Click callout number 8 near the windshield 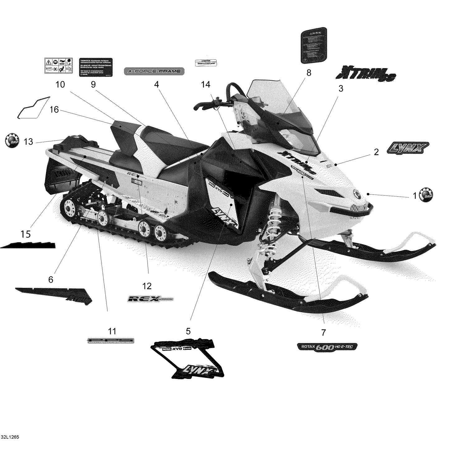click(x=309, y=73)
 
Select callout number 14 click(x=205, y=84)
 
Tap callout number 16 click(x=54, y=110)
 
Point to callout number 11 click(x=112, y=331)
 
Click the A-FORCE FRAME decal click(x=154, y=71)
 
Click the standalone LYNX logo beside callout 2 click(x=408, y=148)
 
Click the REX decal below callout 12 click(x=151, y=299)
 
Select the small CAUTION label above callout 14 click(x=205, y=63)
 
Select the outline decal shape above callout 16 click(x=33, y=108)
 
